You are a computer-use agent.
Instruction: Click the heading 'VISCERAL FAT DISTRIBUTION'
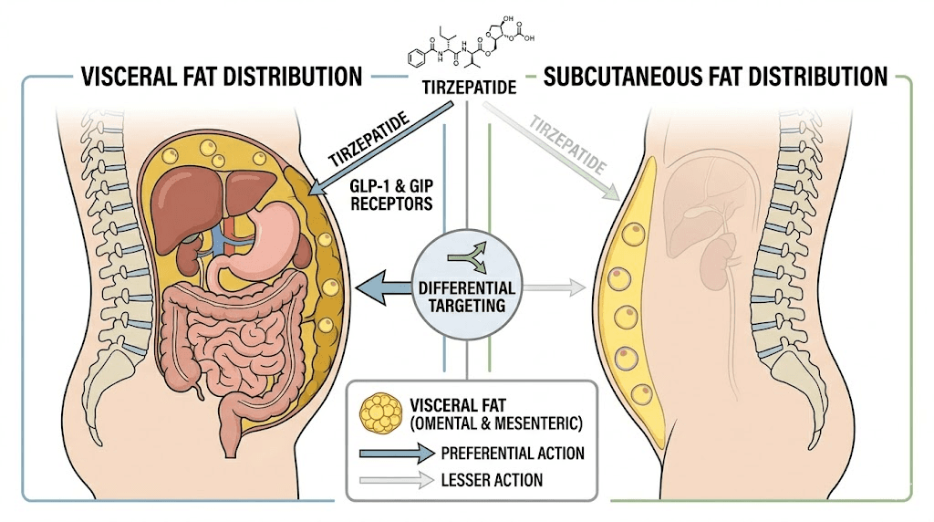tap(222, 76)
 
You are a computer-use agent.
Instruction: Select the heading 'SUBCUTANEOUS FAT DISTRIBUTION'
tap(716, 76)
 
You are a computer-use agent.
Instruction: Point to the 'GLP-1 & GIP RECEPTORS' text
tap(389, 193)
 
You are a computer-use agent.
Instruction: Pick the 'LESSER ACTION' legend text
tap(492, 480)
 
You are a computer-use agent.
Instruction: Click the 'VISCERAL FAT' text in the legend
tap(457, 404)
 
